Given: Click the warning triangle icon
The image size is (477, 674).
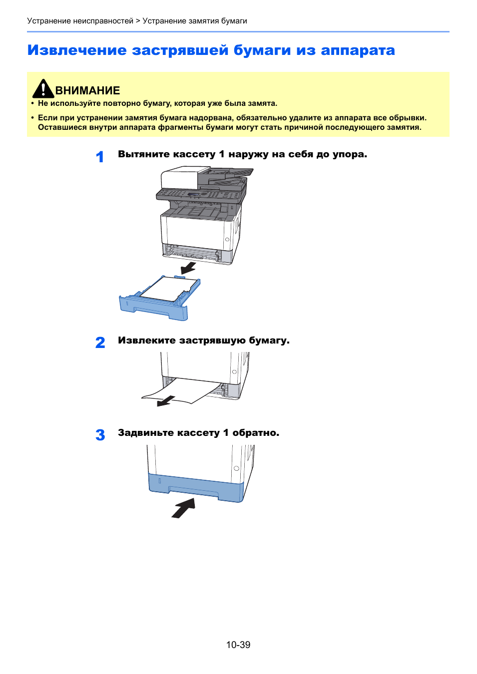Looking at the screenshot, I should [x=43, y=89].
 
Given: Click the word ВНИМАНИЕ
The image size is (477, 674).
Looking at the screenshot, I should [x=87, y=91].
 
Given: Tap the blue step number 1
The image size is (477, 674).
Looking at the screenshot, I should [x=100, y=157].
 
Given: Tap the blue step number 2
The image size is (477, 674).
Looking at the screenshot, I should [x=100, y=342].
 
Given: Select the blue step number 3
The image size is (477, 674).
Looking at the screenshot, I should [x=100, y=435].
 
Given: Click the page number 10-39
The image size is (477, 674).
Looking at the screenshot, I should [x=238, y=645].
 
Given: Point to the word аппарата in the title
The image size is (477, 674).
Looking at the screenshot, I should [x=358, y=50].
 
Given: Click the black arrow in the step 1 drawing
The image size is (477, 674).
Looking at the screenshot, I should [x=188, y=269].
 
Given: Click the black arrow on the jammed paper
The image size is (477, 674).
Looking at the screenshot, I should [x=166, y=400].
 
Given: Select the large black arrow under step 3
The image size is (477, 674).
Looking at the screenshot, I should [x=183, y=508].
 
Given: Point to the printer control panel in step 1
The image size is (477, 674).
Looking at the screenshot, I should [x=200, y=194].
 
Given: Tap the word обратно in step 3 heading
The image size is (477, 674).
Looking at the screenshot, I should [x=255, y=433].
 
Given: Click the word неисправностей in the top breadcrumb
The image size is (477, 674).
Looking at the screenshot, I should [x=103, y=21].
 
